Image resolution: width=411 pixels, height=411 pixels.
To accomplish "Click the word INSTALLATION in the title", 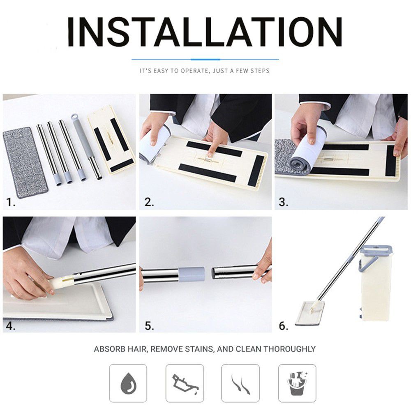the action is (x=205, y=32).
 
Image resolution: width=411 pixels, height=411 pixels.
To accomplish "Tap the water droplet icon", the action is (x=128, y=383).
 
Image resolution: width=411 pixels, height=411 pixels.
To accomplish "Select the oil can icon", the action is (x=185, y=384).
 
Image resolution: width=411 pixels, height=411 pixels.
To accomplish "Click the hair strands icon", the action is (x=240, y=384).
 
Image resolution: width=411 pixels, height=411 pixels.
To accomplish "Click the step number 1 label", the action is (x=11, y=202).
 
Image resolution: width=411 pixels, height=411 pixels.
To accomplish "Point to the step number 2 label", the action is (x=149, y=202).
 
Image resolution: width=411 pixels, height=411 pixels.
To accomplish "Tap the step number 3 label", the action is (x=283, y=202).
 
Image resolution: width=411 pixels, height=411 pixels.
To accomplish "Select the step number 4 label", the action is (x=11, y=326).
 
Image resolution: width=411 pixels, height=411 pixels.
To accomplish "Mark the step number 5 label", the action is (x=149, y=326).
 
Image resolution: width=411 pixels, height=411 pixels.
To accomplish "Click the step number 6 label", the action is (x=283, y=326).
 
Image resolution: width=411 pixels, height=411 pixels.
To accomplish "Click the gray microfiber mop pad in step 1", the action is (x=25, y=162).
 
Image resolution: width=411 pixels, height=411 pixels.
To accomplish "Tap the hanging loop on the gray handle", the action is (x=74, y=117).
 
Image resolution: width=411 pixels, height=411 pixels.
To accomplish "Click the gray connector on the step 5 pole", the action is (x=191, y=274).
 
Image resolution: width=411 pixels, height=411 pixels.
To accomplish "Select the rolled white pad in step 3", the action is (x=307, y=150).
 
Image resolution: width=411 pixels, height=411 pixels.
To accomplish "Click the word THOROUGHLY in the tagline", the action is (x=289, y=349).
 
